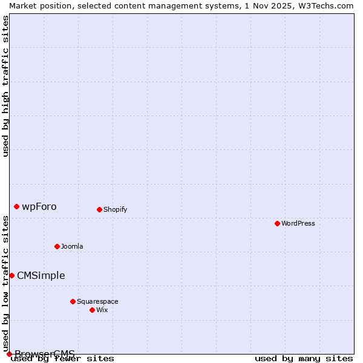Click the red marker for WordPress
277,223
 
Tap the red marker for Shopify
99,209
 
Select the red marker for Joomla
57,246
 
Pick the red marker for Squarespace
73,301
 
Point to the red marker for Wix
92,310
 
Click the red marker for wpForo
16,206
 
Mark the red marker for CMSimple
11,275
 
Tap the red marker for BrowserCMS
9,354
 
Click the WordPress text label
298,223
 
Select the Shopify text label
115,209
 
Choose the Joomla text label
72,246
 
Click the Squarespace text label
97,301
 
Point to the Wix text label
102,310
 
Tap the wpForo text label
39,206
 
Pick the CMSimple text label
41,275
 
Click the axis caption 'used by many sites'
304,359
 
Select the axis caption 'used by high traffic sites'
5,86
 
